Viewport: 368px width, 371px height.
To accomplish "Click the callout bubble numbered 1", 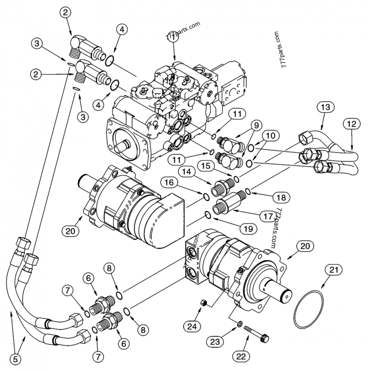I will click(x=172, y=40).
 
